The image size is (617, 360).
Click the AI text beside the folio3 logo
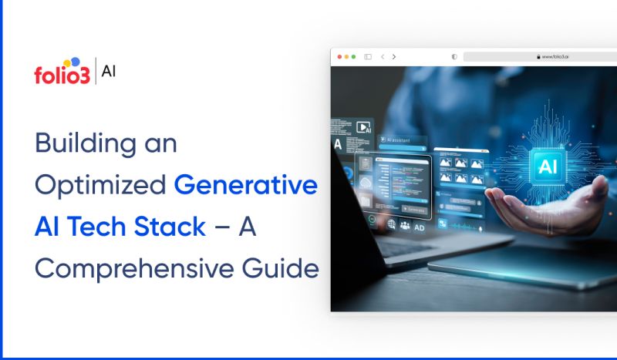click(110, 72)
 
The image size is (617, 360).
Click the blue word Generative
click(245, 186)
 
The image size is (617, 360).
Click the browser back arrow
click(382, 57)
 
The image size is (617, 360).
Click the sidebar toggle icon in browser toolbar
click(368, 57)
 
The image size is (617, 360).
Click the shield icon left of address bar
click(453, 57)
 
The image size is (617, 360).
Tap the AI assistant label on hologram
click(396, 140)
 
